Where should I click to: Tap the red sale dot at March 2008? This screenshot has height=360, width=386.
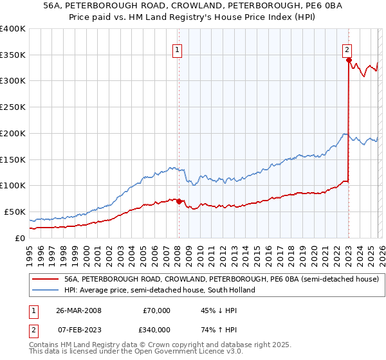pos(179,201)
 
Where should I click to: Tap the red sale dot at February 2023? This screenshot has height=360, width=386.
pos(349,60)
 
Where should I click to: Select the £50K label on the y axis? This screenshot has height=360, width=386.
pos(15,212)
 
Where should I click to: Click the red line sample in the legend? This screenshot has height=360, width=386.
pos(46,279)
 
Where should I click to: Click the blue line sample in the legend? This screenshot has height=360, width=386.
pos(46,290)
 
